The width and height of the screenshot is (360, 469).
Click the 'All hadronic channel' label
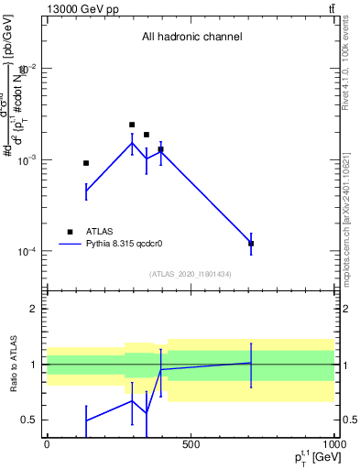191,37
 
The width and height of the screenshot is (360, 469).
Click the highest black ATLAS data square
132,125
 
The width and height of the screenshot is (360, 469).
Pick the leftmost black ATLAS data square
86,163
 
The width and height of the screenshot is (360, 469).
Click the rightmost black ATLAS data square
251,244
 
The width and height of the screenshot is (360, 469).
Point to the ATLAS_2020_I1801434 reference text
190,274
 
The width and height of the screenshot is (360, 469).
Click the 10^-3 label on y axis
27,159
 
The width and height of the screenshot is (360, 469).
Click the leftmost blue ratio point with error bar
86,420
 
